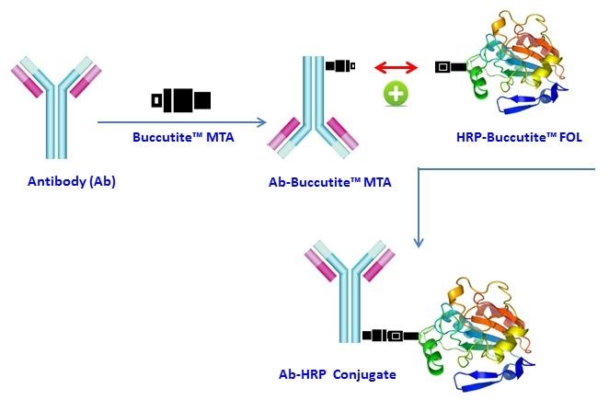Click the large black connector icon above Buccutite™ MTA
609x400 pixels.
(181, 98)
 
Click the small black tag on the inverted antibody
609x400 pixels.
(340, 66)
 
